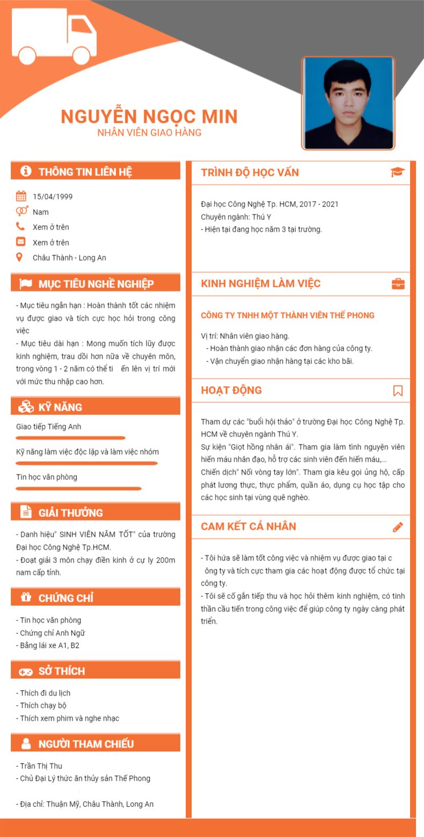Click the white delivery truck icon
coord(54,36)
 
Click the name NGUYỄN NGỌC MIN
coord(149,116)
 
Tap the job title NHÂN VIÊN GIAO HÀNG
coord(149,132)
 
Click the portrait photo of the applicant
coord(348,103)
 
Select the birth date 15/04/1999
coord(53,196)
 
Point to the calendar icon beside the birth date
coord(21,196)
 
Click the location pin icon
coord(20,257)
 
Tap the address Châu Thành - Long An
coord(69,258)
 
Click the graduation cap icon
coord(398,172)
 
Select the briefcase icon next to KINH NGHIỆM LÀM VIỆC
coord(398,284)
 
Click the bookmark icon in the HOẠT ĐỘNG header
coord(398,390)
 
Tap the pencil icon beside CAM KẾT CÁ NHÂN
coord(398,527)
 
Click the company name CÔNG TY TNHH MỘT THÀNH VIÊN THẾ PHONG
coord(288,315)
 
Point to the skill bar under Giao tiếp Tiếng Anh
coord(70,438)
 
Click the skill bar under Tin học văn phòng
coord(78,488)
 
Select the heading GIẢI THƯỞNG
coord(70,513)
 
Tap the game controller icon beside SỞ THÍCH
coord(25,671)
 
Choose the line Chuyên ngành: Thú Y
coord(236,217)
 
